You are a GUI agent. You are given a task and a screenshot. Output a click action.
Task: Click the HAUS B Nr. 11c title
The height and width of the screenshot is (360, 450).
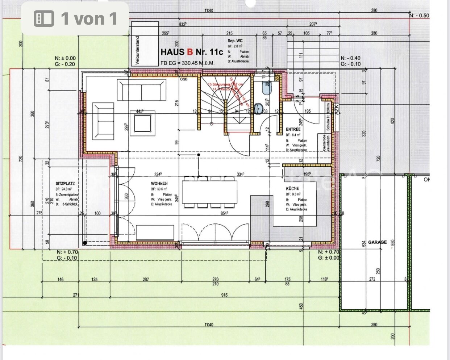pyautogui.click(x=192, y=52)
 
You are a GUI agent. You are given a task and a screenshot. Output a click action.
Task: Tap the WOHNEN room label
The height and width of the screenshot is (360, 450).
pyautogui.click(x=159, y=184)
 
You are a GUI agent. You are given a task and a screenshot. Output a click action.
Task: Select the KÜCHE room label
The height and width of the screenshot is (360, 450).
pyautogui.click(x=292, y=188)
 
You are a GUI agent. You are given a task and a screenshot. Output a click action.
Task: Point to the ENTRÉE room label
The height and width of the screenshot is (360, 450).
pyautogui.click(x=293, y=129)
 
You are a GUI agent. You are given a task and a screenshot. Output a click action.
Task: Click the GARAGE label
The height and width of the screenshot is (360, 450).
pyautogui.click(x=377, y=242)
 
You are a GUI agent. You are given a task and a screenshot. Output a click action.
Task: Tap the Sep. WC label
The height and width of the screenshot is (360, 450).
pyautogui.click(x=235, y=41)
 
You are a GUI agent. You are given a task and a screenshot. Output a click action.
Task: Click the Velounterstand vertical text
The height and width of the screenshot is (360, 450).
pyautogui.click(x=137, y=50)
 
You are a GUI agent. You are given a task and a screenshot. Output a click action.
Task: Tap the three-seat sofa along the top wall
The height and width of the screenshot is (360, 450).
pyautogui.click(x=142, y=90)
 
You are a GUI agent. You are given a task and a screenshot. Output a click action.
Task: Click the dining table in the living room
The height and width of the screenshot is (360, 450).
pyautogui.click(x=209, y=192)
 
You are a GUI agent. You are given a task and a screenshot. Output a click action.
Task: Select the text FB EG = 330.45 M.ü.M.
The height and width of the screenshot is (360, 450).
pyautogui.click(x=187, y=63)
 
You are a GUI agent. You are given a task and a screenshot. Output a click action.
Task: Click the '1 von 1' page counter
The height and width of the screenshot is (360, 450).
pyautogui.click(x=89, y=18)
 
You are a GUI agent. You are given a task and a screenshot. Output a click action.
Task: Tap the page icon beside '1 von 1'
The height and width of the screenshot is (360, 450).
pyautogui.click(x=44, y=18)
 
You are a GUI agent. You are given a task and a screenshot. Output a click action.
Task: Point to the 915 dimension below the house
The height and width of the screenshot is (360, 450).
pyautogui.click(x=224, y=295)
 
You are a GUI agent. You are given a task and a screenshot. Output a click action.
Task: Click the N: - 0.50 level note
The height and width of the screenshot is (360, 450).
pyautogui.click(x=419, y=16)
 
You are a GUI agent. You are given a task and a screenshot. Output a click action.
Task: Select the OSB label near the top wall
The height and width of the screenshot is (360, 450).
pyautogui.click(x=184, y=79)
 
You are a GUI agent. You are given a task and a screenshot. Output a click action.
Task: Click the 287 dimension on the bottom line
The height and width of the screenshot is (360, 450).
pyautogui.click(x=146, y=279)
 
